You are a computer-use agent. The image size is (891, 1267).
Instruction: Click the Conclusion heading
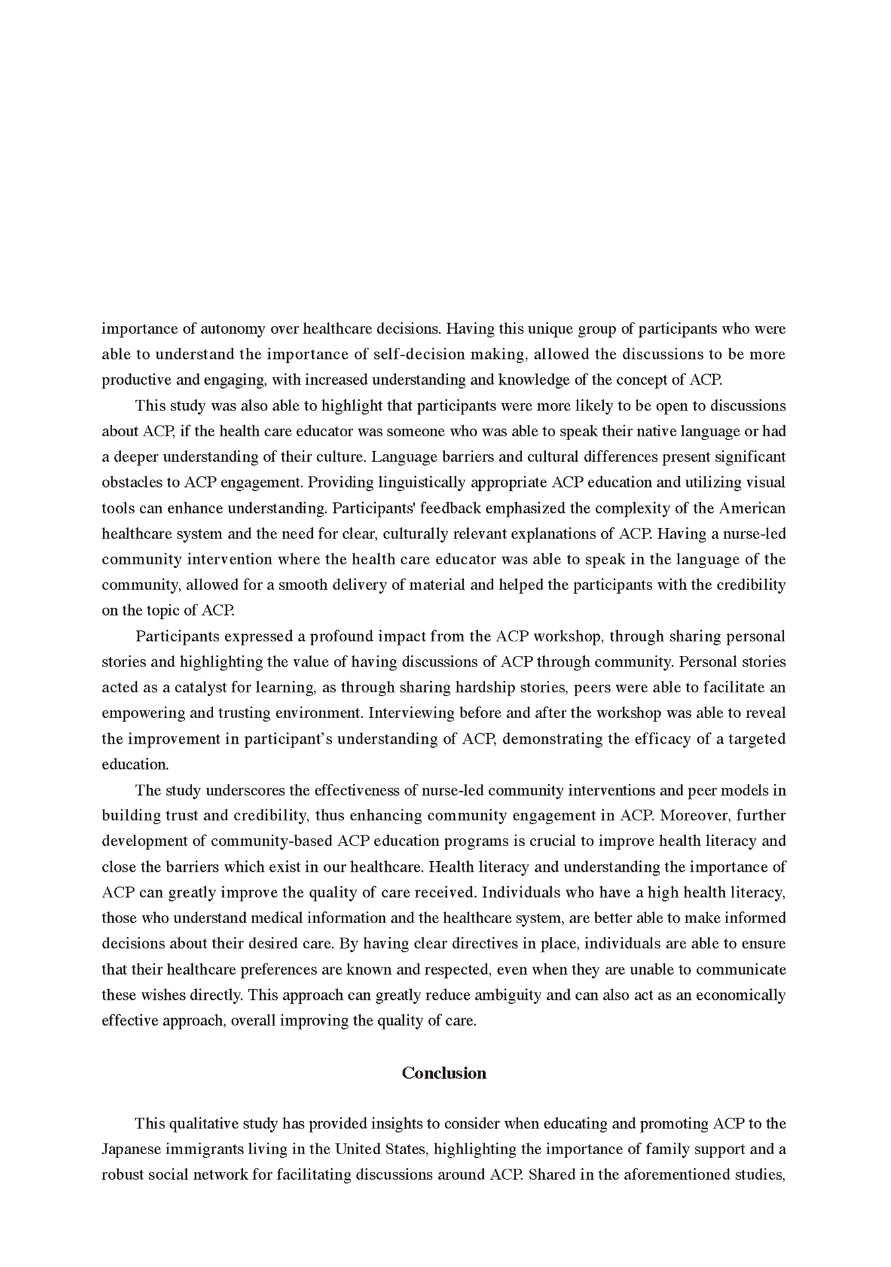pyautogui.click(x=444, y=1073)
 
